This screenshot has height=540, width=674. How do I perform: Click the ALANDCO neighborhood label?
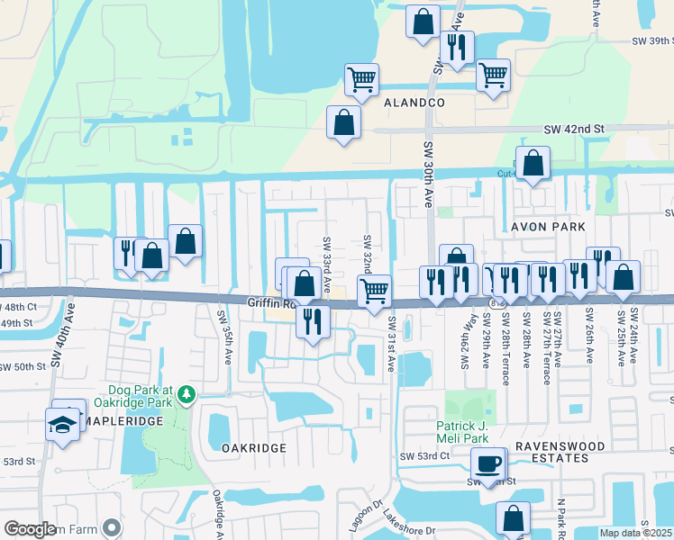tap(414, 103)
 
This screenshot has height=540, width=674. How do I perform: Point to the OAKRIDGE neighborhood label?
tap(253, 447)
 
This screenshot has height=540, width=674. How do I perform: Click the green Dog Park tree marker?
tap(186, 394)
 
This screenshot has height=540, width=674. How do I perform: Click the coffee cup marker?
tap(487, 463)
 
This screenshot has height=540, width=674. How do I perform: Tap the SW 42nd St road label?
tap(573, 130)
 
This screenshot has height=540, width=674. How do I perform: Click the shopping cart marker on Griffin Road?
tap(374, 290)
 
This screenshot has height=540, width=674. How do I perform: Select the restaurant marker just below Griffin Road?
tap(313, 321)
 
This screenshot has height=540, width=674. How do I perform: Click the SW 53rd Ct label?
tap(424, 456)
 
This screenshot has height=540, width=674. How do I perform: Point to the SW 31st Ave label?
tap(392, 344)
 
